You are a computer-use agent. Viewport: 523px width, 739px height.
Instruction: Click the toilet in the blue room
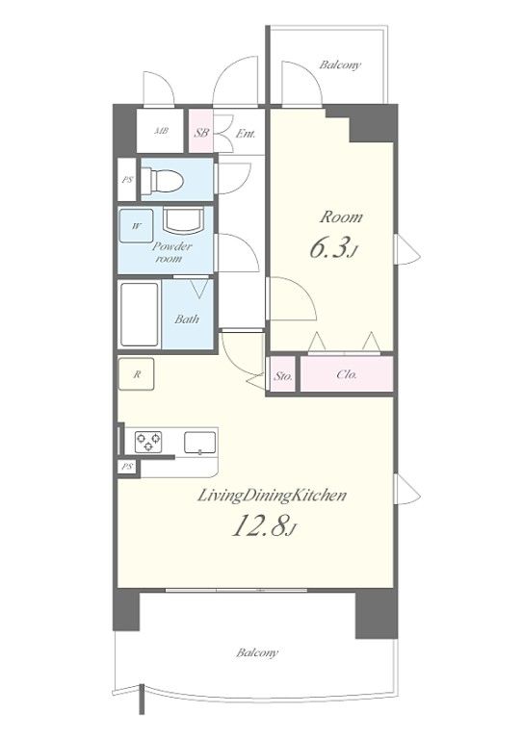click(x=162, y=181)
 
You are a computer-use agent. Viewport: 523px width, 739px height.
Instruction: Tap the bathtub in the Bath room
click(x=140, y=315)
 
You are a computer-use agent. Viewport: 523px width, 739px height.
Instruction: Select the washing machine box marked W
click(x=136, y=226)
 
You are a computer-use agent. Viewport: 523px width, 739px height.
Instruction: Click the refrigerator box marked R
click(x=137, y=374)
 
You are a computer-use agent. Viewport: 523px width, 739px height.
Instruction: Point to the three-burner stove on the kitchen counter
click(x=148, y=442)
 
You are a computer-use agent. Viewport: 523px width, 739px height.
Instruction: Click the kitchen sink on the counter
click(x=200, y=443)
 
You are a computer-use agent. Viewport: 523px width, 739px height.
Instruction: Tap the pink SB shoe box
click(x=201, y=131)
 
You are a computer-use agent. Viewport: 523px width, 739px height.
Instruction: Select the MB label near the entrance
click(x=161, y=132)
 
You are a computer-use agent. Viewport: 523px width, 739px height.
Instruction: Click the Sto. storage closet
click(x=283, y=374)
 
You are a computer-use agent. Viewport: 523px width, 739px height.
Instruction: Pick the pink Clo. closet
click(x=347, y=374)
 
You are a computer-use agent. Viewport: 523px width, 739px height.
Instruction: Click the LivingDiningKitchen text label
click(x=272, y=496)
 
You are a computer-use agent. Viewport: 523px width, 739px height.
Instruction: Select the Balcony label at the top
click(x=340, y=65)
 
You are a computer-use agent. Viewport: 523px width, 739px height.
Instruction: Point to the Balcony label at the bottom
click(x=257, y=652)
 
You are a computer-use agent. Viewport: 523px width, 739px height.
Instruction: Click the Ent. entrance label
click(x=246, y=134)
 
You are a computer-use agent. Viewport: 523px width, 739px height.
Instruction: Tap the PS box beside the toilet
click(x=127, y=179)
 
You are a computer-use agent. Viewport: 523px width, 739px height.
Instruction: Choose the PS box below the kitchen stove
click(x=127, y=467)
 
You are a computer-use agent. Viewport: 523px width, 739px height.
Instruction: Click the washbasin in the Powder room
click(x=183, y=220)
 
